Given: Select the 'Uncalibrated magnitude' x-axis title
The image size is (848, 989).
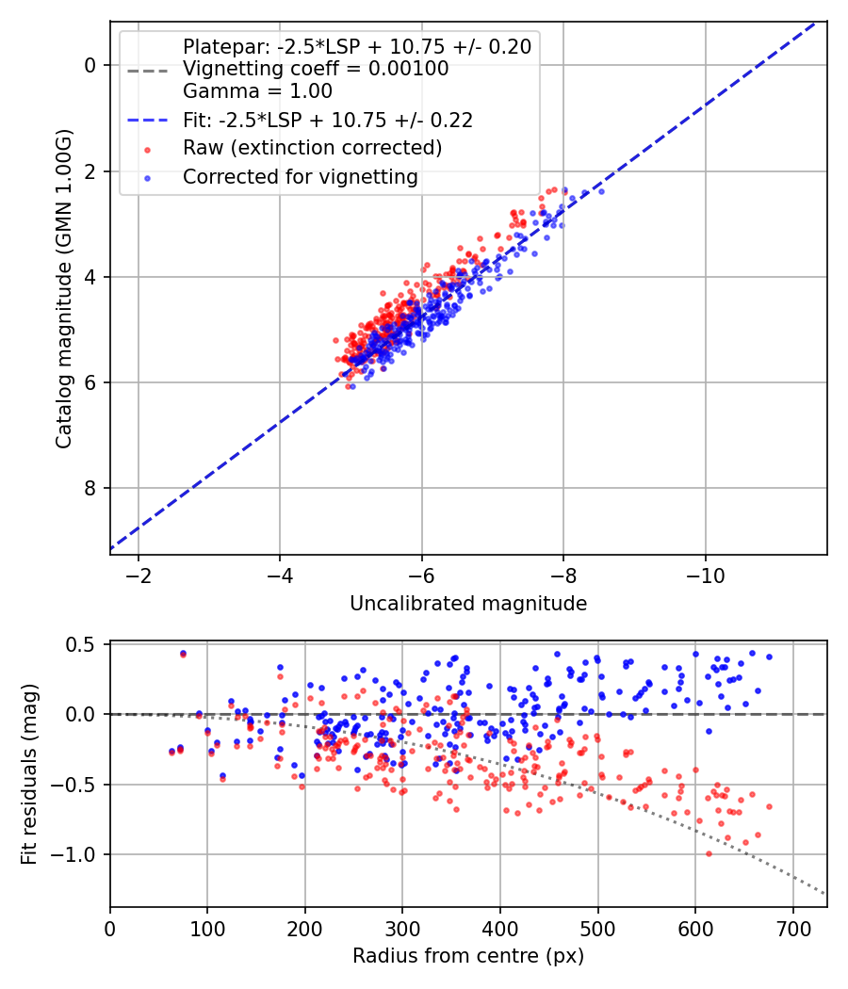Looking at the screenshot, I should pyautogui.click(x=468, y=604).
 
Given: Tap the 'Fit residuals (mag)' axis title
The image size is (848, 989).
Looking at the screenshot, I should pyautogui.click(x=30, y=774).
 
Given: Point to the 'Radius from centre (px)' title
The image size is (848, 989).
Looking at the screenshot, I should pyautogui.click(x=468, y=956).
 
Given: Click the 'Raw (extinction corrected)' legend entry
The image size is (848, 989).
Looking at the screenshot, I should pyautogui.click(x=312, y=148).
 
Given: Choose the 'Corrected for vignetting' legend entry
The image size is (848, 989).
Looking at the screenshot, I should pyautogui.click(x=300, y=176).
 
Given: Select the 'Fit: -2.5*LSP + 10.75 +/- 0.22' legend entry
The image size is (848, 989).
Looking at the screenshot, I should pyautogui.click(x=327, y=121).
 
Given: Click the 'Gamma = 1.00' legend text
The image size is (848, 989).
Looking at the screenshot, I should pyautogui.click(x=257, y=92).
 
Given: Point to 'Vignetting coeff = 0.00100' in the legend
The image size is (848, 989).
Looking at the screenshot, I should pyautogui.click(x=316, y=69).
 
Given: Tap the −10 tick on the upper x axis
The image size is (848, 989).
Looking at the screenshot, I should pyautogui.click(x=706, y=576).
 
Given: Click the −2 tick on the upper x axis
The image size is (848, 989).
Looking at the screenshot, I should pyautogui.click(x=139, y=576).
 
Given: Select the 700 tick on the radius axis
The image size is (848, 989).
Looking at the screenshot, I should pyautogui.click(x=792, y=928).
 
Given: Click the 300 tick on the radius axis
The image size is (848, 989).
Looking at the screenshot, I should pyautogui.click(x=402, y=928).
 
